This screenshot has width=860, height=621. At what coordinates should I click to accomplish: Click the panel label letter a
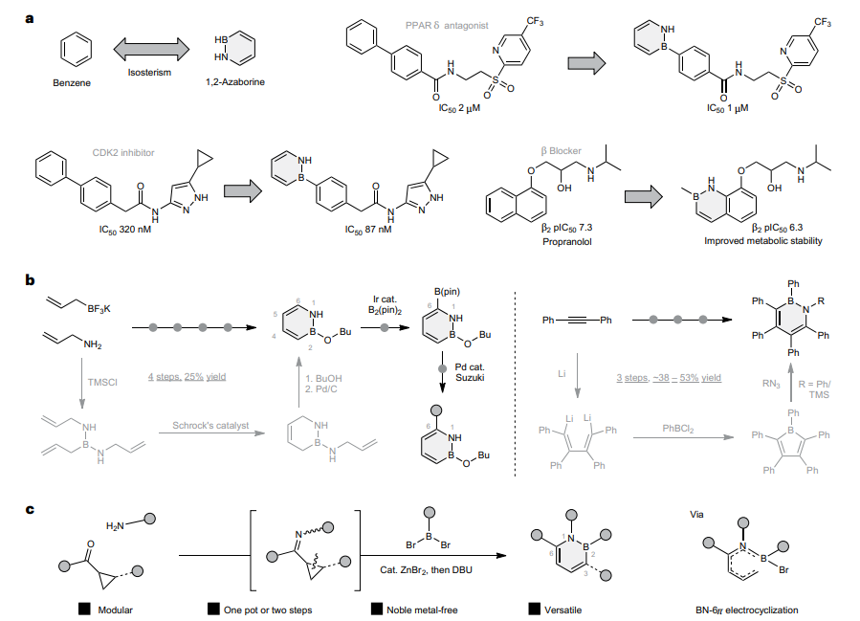pyautogui.click(x=30, y=18)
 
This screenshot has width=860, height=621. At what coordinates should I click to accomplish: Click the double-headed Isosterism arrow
pyautogui.click(x=151, y=50)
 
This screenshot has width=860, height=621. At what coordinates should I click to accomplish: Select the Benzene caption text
pyautogui.click(x=72, y=83)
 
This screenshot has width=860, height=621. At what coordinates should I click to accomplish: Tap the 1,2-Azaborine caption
pyautogui.click(x=235, y=81)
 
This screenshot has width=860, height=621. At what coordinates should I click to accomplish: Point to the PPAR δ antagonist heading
pyautogui.click(x=447, y=25)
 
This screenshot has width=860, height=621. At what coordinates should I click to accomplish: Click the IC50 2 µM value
pyautogui.click(x=459, y=109)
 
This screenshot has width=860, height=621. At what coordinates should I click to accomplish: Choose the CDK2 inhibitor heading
pyautogui.click(x=123, y=152)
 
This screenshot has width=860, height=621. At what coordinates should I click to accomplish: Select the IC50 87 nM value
pyautogui.click(x=368, y=230)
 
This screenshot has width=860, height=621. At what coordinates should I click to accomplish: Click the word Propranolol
pyautogui.click(x=567, y=241)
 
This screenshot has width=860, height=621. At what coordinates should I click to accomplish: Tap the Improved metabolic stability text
pyautogui.click(x=763, y=240)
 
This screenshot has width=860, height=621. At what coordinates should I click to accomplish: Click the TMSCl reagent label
pyautogui.click(x=102, y=382)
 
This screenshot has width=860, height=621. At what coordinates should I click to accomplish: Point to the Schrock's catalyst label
pyautogui.click(x=210, y=425)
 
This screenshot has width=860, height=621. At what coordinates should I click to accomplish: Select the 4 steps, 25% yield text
pyautogui.click(x=187, y=376)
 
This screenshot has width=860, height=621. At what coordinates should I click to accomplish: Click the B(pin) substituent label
pyautogui.click(x=447, y=292)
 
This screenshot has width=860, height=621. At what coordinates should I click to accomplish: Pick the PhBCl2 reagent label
pyautogui.click(x=678, y=429)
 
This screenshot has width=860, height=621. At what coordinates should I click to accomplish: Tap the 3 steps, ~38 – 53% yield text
pyautogui.click(x=669, y=377)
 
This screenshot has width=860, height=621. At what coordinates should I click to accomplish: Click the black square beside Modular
pyautogui.click(x=84, y=609)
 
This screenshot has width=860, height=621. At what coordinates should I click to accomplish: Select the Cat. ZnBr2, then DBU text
pyautogui.click(x=426, y=570)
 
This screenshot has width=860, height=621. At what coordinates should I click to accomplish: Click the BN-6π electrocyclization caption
pyautogui.click(x=747, y=610)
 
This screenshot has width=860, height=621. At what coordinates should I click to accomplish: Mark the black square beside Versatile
pyautogui.click(x=534, y=609)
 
